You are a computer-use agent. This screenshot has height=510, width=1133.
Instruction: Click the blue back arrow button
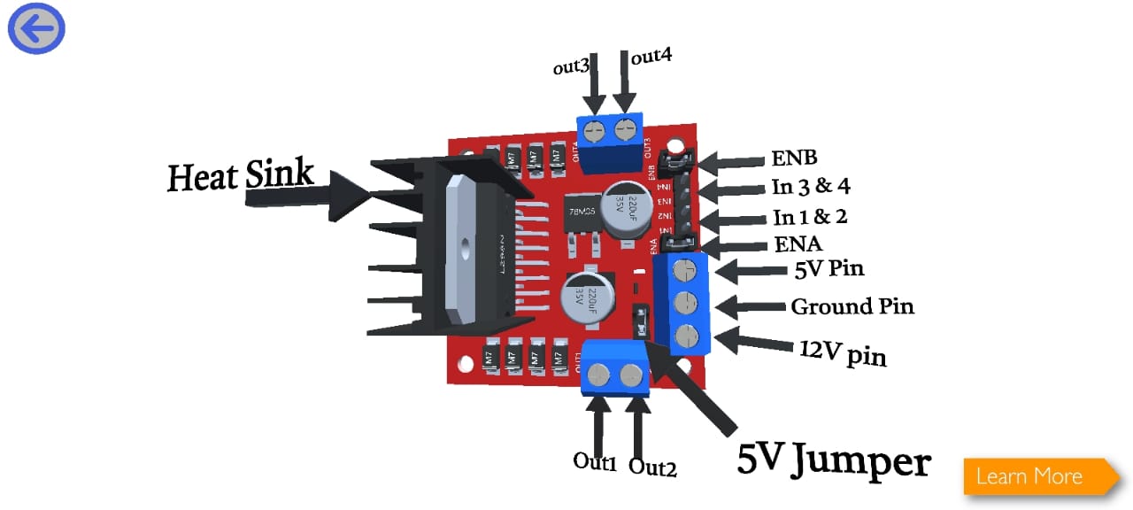tap(36, 29)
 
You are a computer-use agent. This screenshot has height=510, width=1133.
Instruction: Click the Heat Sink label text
tap(241, 175)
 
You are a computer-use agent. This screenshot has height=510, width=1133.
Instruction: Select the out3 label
tap(571, 67)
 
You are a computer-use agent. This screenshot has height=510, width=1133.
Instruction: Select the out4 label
tap(651, 57)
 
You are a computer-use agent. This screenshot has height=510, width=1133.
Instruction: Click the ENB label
tap(793, 158)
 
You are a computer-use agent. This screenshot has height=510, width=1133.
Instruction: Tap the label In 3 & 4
tap(809, 188)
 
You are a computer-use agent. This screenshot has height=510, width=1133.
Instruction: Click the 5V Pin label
tap(829, 267)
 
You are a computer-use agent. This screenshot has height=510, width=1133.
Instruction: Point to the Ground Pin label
tap(852, 306)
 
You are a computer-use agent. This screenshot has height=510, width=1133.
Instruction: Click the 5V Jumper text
tap(834, 461)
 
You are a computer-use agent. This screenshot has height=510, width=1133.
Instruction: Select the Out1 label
tap(594, 461)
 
